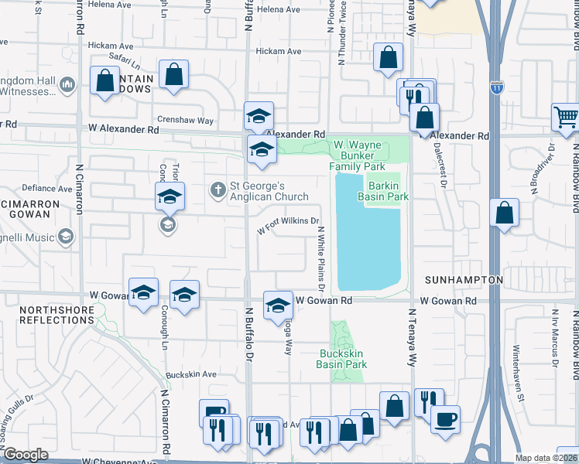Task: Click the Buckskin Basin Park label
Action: (x=343, y=359)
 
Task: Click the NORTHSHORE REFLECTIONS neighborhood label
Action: (x=57, y=315)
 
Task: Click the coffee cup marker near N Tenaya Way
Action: (x=445, y=420)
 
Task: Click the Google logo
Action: (x=26, y=455)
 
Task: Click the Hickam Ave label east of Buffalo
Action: (x=279, y=51)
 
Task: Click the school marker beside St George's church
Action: (x=170, y=197)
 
